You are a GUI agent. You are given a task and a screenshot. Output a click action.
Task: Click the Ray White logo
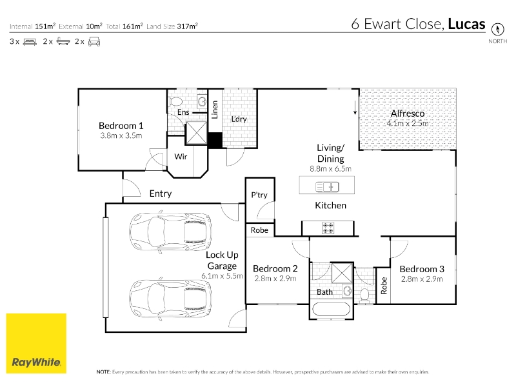[x=36, y=343]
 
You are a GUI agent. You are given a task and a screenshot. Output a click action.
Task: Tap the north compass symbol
[x=497, y=29]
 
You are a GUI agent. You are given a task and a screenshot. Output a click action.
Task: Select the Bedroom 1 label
[x=121, y=126]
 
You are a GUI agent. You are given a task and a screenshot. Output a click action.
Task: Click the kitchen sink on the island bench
[x=327, y=187]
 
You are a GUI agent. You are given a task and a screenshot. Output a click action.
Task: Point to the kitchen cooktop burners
[x=328, y=228]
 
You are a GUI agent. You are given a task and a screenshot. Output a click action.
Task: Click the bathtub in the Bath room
[x=331, y=310]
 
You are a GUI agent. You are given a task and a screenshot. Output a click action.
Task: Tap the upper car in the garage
[x=170, y=232]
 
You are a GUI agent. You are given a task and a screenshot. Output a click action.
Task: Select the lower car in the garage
[x=170, y=299]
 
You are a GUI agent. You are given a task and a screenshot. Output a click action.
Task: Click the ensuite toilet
[x=175, y=101]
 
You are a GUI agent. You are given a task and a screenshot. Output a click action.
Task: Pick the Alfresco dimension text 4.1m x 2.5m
[x=408, y=123]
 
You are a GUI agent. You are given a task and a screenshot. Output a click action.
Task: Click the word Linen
[x=215, y=110]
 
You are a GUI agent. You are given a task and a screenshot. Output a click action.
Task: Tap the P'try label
[x=259, y=195]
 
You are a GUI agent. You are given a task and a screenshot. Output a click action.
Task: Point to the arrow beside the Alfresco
[x=355, y=108]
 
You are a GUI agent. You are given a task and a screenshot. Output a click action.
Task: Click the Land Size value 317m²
[x=187, y=26]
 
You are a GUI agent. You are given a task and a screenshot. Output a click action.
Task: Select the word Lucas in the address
[x=466, y=24]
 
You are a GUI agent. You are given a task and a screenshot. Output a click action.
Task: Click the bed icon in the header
[x=30, y=42]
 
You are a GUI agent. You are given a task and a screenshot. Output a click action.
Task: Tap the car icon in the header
[x=94, y=41]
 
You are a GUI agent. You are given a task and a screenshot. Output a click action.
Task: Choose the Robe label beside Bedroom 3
[x=384, y=286]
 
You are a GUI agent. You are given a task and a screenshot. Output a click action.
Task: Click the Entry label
[x=161, y=193]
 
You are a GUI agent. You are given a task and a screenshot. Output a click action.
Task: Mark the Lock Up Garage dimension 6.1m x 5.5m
[x=222, y=276]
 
